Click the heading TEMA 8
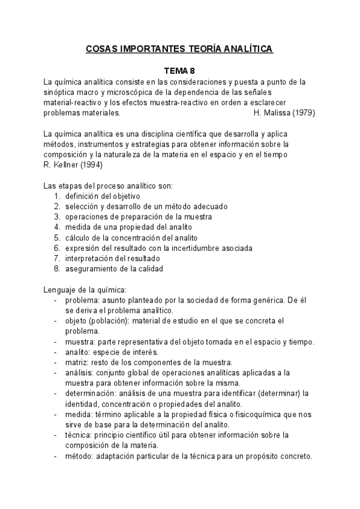coord(180,70)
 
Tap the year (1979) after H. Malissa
coord(301,112)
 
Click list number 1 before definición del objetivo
coord(56,196)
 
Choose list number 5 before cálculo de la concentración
coord(56,238)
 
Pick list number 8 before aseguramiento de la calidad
coord(56,269)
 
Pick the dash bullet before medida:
coord(56,414)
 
